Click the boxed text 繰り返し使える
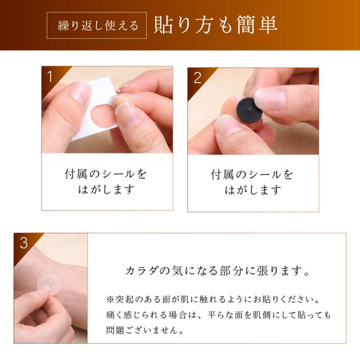coord(98,25)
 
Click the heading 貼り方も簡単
coord(215,25)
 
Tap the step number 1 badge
coord(50,76)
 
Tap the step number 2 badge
coord(197,78)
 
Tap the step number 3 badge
coord(24,242)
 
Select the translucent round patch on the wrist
coord(49,285)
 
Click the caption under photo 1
coord(105,182)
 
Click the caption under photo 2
coord(252,182)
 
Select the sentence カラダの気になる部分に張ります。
coord(218,271)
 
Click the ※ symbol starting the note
coord(110,300)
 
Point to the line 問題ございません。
coord(145,330)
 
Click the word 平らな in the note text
coord(220,315)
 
